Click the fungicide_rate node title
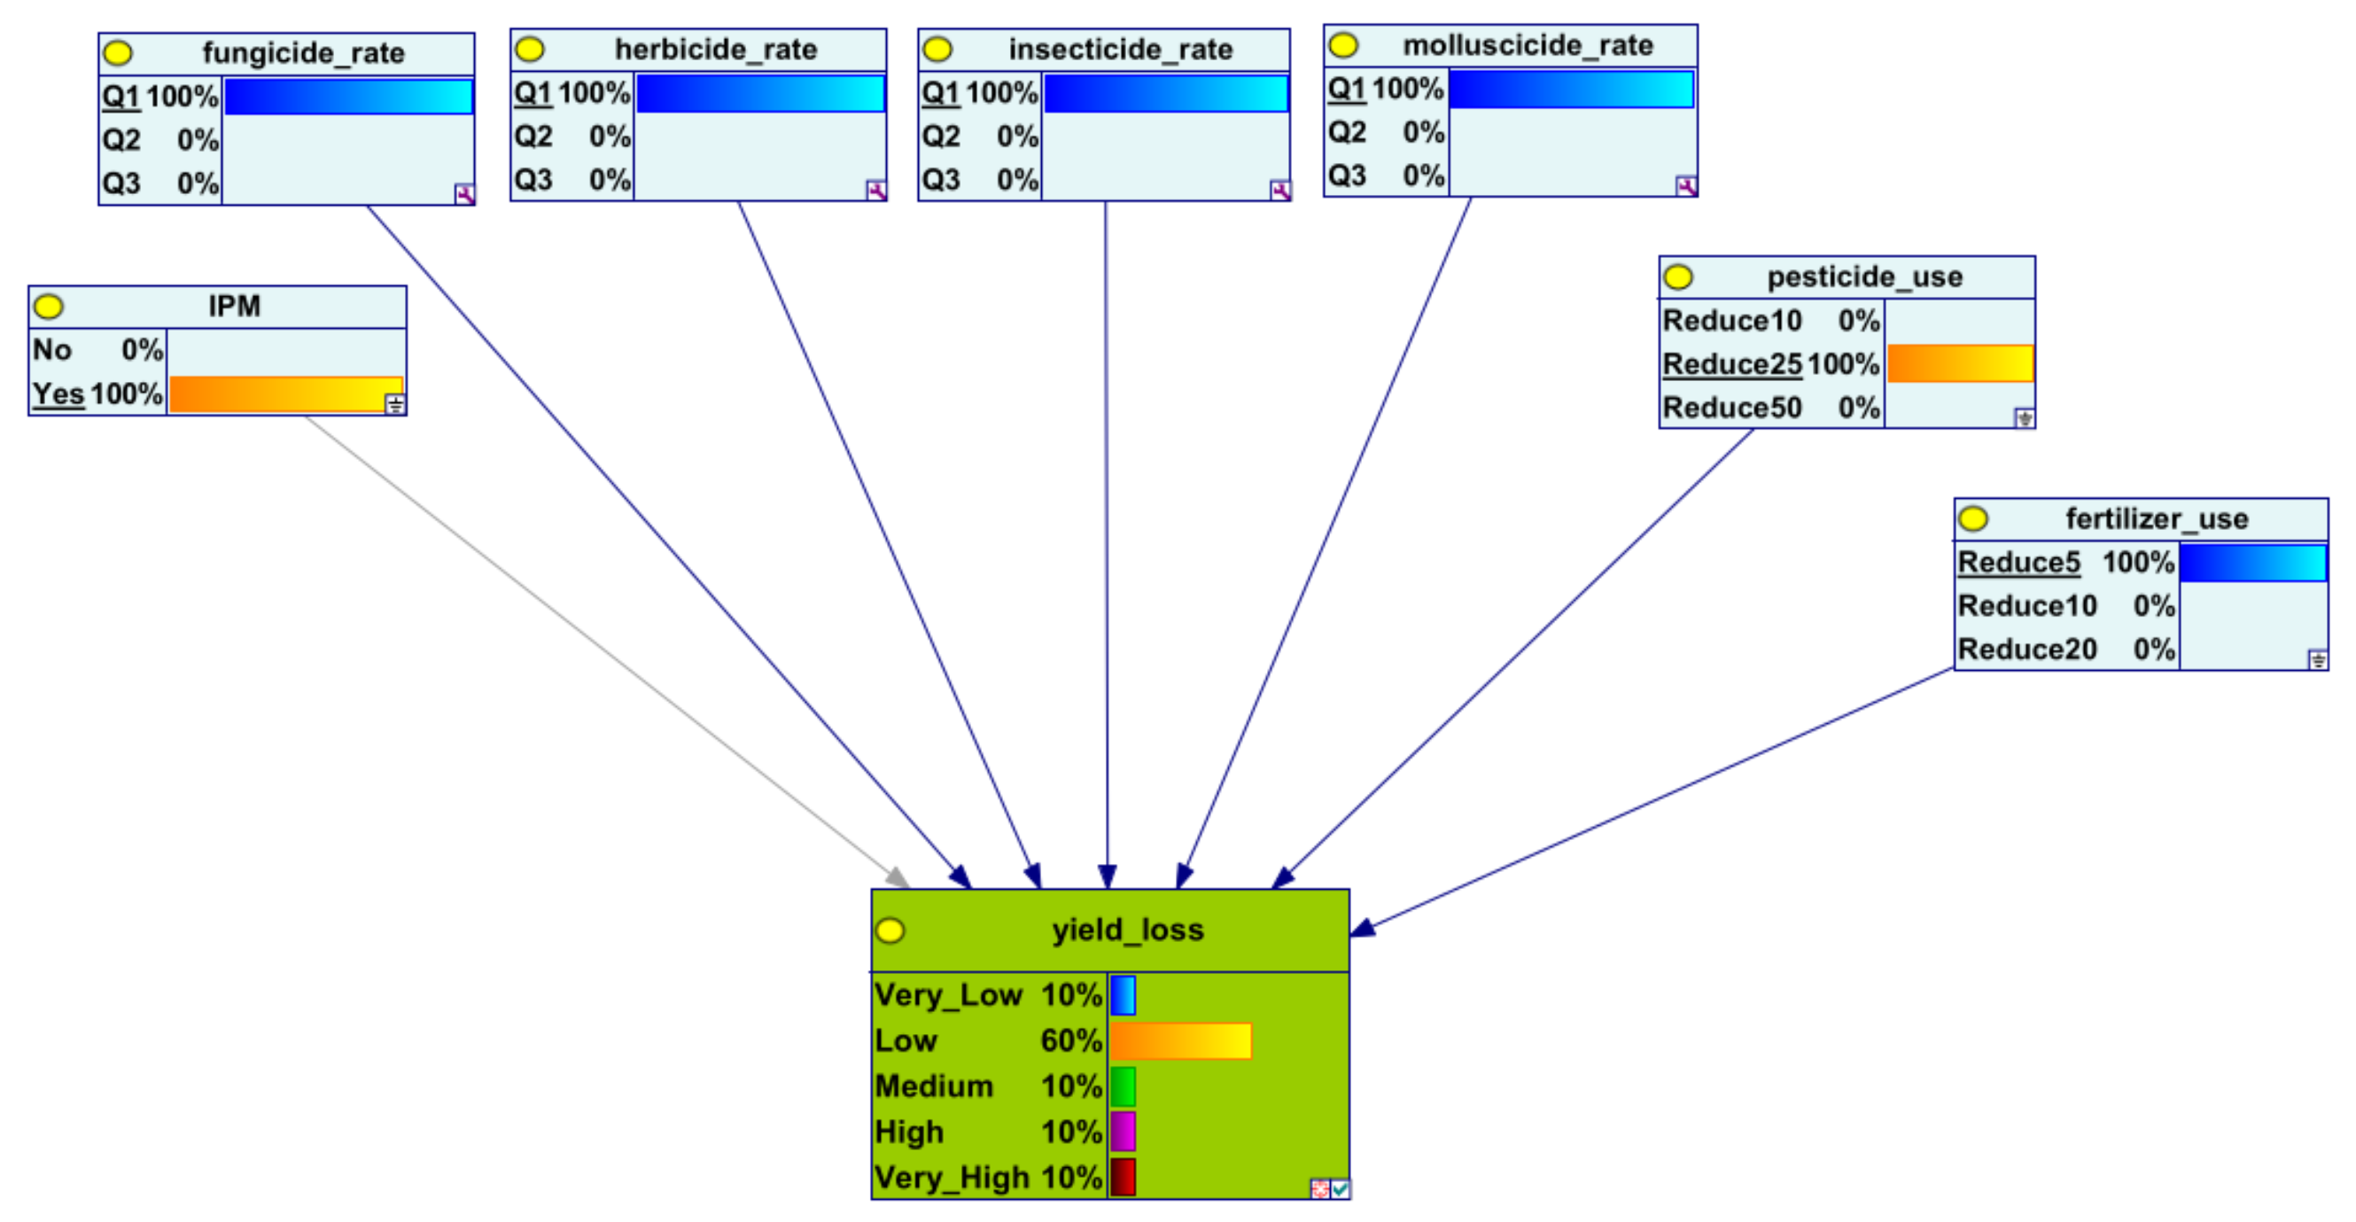[x=303, y=53]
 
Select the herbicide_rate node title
[x=715, y=50]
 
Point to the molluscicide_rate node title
[x=1528, y=46]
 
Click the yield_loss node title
[x=1127, y=930]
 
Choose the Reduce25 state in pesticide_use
[x=1732, y=364]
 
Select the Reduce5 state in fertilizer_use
[x=2018, y=563]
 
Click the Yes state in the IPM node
[x=58, y=394]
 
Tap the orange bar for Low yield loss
[x=1180, y=1041]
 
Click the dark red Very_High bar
[x=1124, y=1177]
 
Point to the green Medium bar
[x=1124, y=1086]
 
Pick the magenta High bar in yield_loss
[x=1124, y=1132]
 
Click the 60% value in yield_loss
[x=1071, y=1041]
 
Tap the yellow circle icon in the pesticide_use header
[x=1678, y=277]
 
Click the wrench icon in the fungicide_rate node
[x=464, y=194]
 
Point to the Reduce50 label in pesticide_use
[x=1732, y=408]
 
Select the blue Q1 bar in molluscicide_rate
[x=1570, y=90]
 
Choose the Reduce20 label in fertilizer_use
[x=2026, y=650]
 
